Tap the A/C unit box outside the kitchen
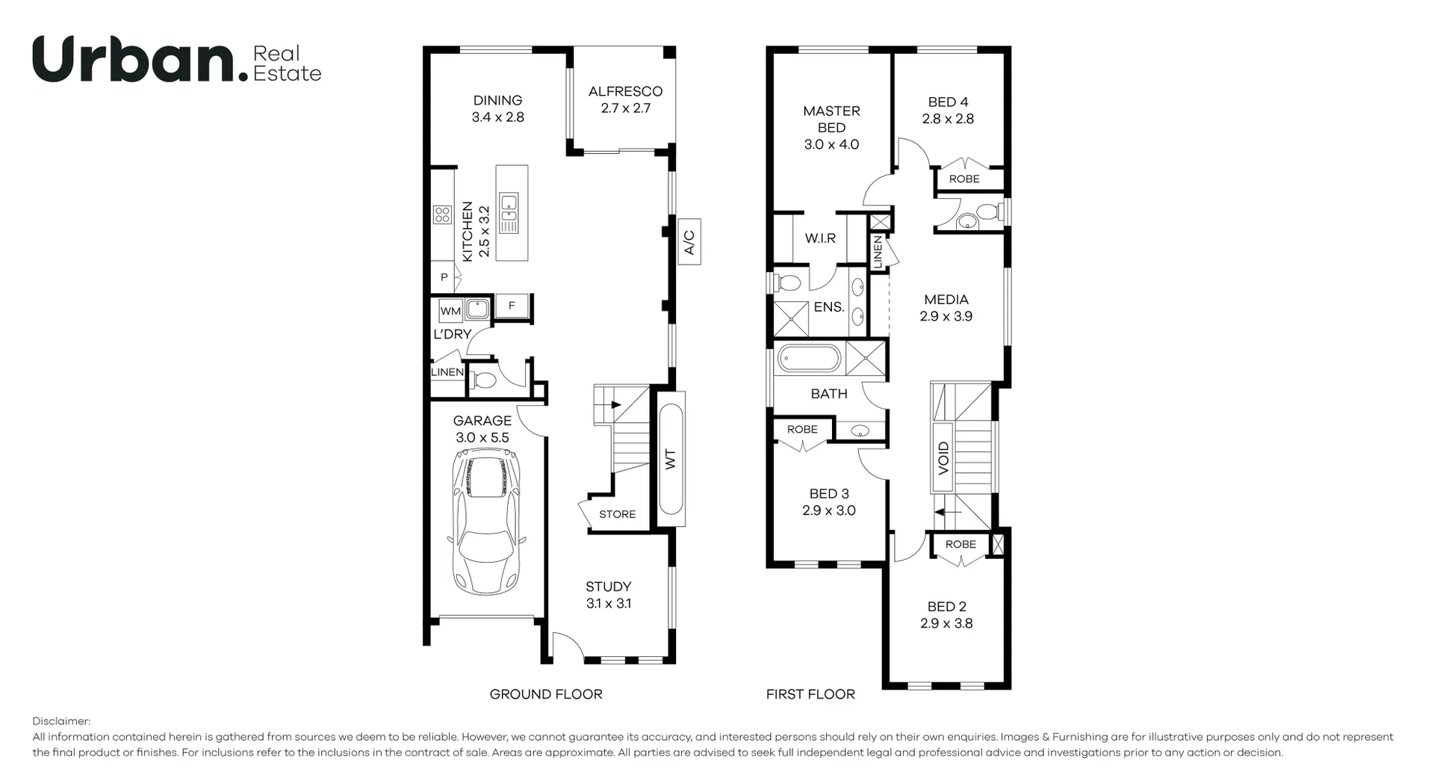(689, 241)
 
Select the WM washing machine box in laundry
(450, 311)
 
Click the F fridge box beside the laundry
(512, 306)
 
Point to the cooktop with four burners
(442, 214)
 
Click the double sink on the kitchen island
(509, 213)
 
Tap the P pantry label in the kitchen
(444, 277)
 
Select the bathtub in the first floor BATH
(810, 359)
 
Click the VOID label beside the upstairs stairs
(943, 457)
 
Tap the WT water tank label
(670, 458)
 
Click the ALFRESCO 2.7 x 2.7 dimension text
(626, 108)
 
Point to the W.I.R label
(820, 238)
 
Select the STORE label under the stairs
(617, 514)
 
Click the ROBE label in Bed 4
(964, 179)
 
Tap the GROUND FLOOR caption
(545, 694)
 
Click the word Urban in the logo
(134, 60)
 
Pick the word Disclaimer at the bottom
(61, 721)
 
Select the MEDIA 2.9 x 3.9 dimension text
(946, 316)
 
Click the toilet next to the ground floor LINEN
(485, 381)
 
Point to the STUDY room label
(608, 587)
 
